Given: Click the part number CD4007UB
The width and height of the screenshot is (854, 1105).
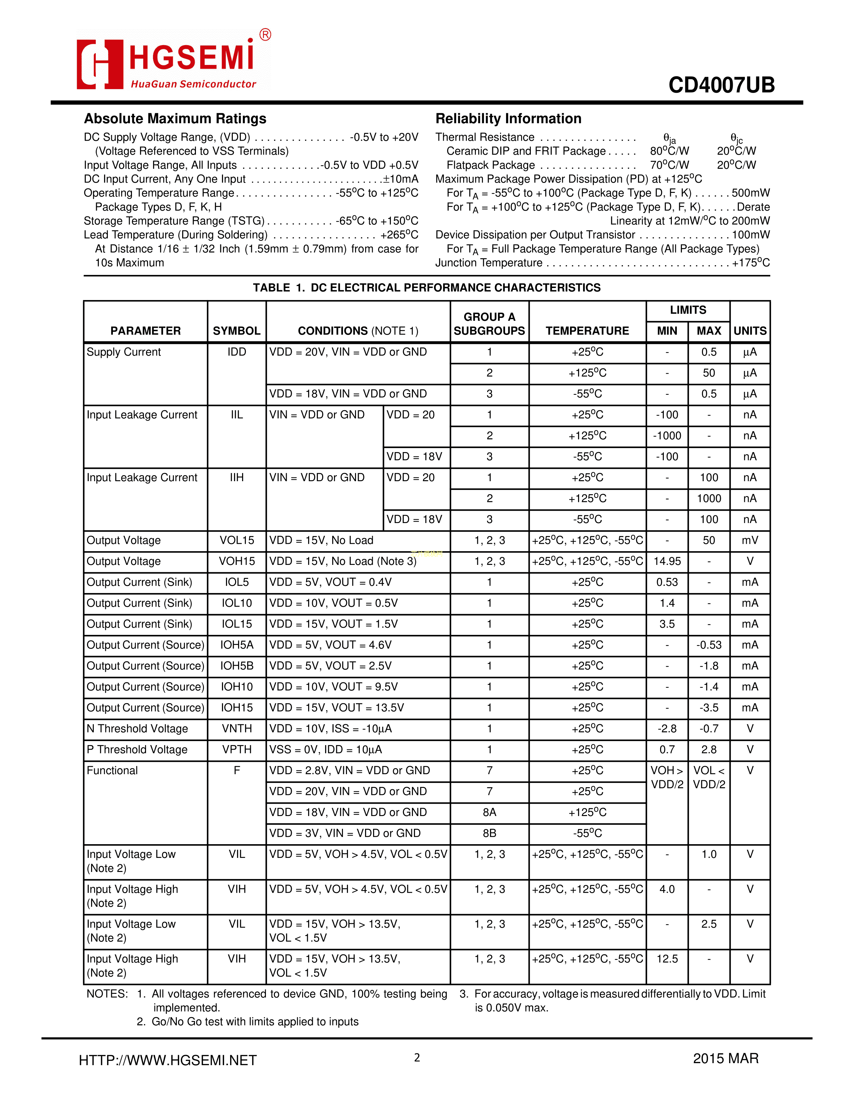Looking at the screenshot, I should [721, 85].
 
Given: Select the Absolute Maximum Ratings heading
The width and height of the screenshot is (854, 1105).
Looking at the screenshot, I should [175, 119].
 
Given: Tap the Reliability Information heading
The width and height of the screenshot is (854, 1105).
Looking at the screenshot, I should [508, 119].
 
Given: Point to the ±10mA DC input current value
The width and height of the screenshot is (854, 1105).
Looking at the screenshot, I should [400, 179].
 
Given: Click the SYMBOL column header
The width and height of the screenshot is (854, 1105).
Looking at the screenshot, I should [236, 331].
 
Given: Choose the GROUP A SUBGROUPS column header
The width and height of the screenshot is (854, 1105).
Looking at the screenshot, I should [489, 324].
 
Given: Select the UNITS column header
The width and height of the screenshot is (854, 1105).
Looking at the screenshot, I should [750, 331].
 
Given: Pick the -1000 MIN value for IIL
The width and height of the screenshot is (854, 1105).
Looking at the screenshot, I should [667, 436].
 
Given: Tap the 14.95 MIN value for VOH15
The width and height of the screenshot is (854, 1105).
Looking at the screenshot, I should [667, 561].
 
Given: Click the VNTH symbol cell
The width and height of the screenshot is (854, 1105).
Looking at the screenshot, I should [236, 729].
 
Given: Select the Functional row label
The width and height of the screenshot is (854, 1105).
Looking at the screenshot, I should [112, 770].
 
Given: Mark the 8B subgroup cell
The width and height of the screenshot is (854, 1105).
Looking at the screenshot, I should [489, 833].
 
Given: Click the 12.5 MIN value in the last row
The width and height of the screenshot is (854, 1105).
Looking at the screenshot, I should [667, 959].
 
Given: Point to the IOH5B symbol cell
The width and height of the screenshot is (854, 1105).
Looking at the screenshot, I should [236, 666].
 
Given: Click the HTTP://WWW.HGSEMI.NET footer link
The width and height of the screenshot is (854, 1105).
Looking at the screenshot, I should [168, 1060].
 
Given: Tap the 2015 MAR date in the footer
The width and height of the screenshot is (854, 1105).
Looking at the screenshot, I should [725, 1058].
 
